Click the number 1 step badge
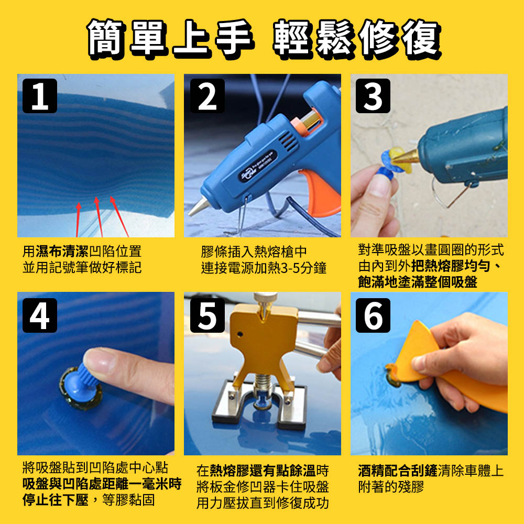[x=39, y=96]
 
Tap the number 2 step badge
[x=207, y=96]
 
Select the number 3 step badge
[x=373, y=96]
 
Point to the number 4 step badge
[x=39, y=315]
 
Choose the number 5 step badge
[x=207, y=315]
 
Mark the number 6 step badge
[x=373, y=315]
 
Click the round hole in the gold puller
[x=240, y=334]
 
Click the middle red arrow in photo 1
[x=99, y=216]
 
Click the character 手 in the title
[x=234, y=37]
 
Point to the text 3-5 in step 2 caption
[x=290, y=268]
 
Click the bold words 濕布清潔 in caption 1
[x=62, y=252]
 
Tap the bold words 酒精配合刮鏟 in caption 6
[x=397, y=471]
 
